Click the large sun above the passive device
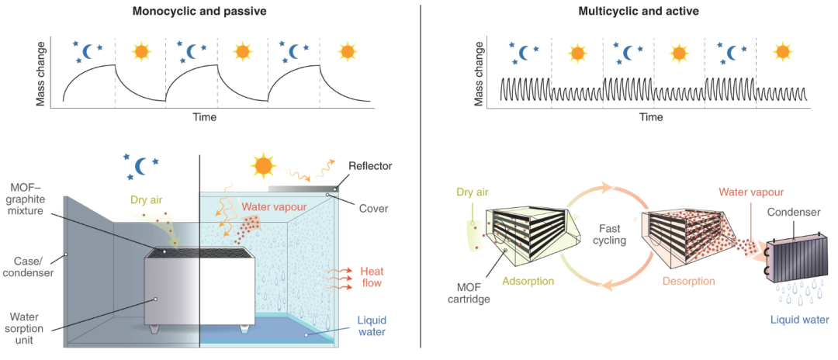(263, 164)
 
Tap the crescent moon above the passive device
(142, 164)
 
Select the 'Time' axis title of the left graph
(205, 118)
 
